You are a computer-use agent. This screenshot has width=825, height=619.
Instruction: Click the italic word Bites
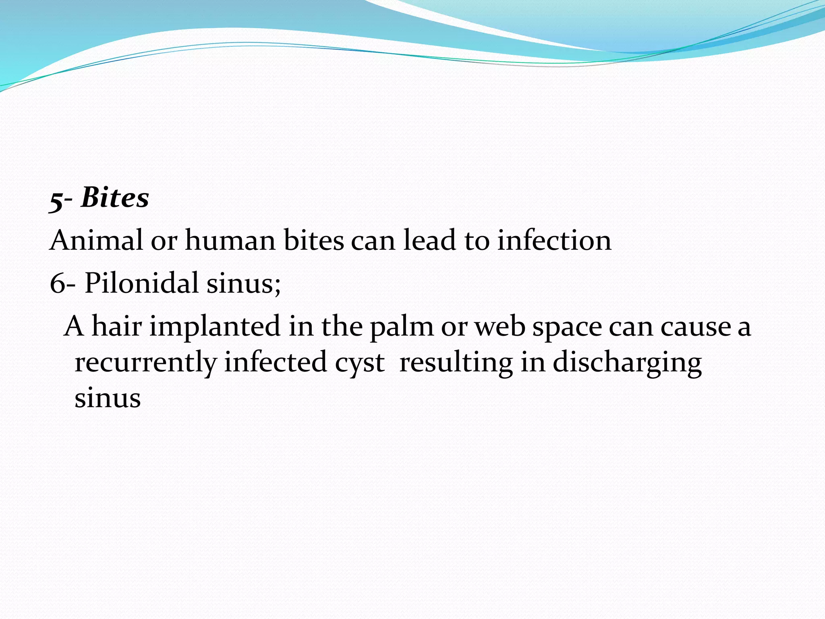click(x=115, y=198)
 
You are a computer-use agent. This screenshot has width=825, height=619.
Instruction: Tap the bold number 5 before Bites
click(x=56, y=200)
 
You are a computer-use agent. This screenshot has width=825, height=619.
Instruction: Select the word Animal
click(x=96, y=241)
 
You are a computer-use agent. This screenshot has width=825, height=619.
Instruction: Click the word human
click(x=230, y=241)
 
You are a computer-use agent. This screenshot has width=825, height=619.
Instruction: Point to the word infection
click(x=554, y=241)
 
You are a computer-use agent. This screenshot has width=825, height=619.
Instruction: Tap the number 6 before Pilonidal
click(x=57, y=283)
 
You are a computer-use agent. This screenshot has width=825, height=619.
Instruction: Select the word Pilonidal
click(x=141, y=283)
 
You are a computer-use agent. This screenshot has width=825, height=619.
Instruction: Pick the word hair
click(x=117, y=326)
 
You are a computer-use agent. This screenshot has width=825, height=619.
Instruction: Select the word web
click(x=500, y=326)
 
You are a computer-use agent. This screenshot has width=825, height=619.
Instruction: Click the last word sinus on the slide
click(x=108, y=398)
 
